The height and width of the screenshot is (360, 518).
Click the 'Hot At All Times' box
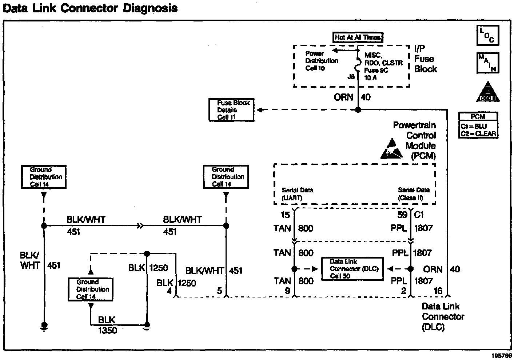point(358,37)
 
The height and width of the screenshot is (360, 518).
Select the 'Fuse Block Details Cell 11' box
point(231,110)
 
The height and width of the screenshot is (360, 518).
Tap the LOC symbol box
point(487,35)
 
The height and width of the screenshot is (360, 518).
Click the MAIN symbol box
point(488,63)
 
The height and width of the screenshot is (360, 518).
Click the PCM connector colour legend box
point(478,125)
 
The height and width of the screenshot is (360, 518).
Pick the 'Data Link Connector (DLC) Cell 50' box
point(352,269)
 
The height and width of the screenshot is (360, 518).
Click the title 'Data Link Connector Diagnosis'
point(90,8)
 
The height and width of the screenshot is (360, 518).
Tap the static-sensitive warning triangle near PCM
point(391,149)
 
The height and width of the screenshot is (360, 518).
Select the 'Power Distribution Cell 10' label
point(321,61)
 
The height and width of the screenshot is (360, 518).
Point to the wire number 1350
point(107,330)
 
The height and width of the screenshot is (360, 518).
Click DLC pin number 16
point(438,291)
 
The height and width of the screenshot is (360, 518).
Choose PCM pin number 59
point(402,215)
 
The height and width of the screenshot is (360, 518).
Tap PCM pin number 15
point(286,215)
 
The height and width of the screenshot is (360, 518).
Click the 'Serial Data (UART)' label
point(297,194)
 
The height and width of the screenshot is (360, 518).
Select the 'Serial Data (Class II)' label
point(414,194)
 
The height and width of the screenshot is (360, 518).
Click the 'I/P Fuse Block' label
point(425,59)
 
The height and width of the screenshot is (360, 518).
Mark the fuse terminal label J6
point(351,77)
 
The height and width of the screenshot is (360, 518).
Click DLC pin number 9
point(287,291)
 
